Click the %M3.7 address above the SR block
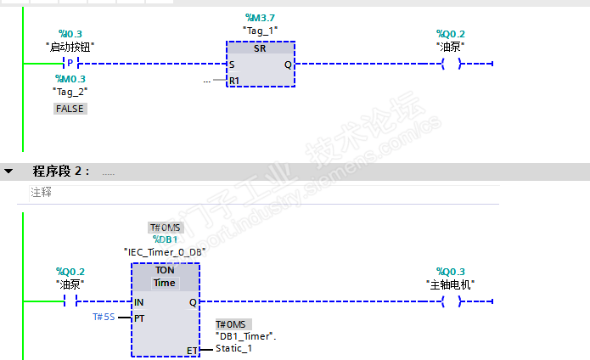pyautogui.click(x=260, y=18)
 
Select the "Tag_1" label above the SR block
pyautogui.click(x=260, y=31)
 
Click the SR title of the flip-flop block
pyautogui.click(x=260, y=48)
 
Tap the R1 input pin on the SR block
pyautogui.click(x=234, y=81)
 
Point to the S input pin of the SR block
pyautogui.click(x=232, y=64)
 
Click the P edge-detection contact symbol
pyautogui.click(x=70, y=64)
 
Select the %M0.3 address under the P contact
pyautogui.click(x=70, y=78)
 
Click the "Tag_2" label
pyautogui.click(x=70, y=91)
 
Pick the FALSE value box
pyautogui.click(x=70, y=109)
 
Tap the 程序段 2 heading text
pyautogui.click(x=61, y=172)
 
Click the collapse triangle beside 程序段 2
pyautogui.click(x=9, y=172)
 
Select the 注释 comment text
pyautogui.click(x=41, y=192)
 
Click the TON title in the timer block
pyautogui.click(x=165, y=270)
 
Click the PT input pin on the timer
pyautogui.click(x=139, y=318)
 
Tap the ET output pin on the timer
pyautogui.click(x=192, y=350)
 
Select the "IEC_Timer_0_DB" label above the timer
pyautogui.click(x=164, y=252)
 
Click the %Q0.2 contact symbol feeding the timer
pyautogui.click(x=70, y=301)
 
